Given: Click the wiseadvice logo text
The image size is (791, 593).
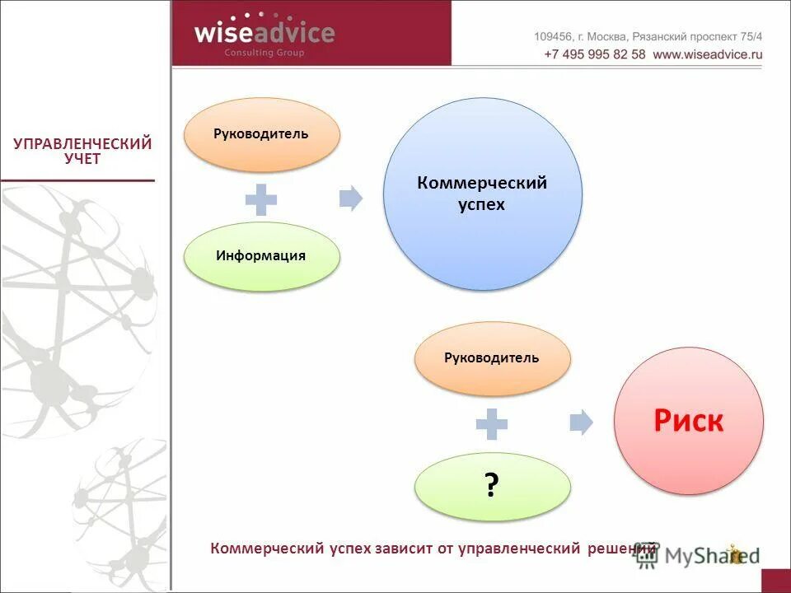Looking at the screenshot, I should click(264, 33).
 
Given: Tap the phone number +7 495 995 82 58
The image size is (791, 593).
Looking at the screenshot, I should click(595, 54).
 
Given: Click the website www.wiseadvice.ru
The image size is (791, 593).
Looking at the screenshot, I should click(708, 54).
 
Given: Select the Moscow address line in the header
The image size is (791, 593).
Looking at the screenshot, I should click(648, 36).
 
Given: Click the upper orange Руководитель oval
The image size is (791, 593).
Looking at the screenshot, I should click(261, 134).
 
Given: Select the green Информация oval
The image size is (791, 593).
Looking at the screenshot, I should click(261, 256).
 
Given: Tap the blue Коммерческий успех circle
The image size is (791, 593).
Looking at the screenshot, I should click(483, 194).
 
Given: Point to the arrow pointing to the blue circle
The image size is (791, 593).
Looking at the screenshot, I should click(351, 198).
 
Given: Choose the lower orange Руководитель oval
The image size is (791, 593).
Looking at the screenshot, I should click(492, 358).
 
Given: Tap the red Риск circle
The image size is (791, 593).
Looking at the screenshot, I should click(689, 421).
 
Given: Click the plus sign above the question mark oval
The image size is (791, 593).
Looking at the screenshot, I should click(492, 423).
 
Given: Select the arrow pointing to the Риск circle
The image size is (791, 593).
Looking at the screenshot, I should click(582, 422).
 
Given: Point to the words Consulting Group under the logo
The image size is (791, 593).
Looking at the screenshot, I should click(264, 54).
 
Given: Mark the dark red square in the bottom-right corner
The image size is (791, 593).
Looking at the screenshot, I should click(775, 581).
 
